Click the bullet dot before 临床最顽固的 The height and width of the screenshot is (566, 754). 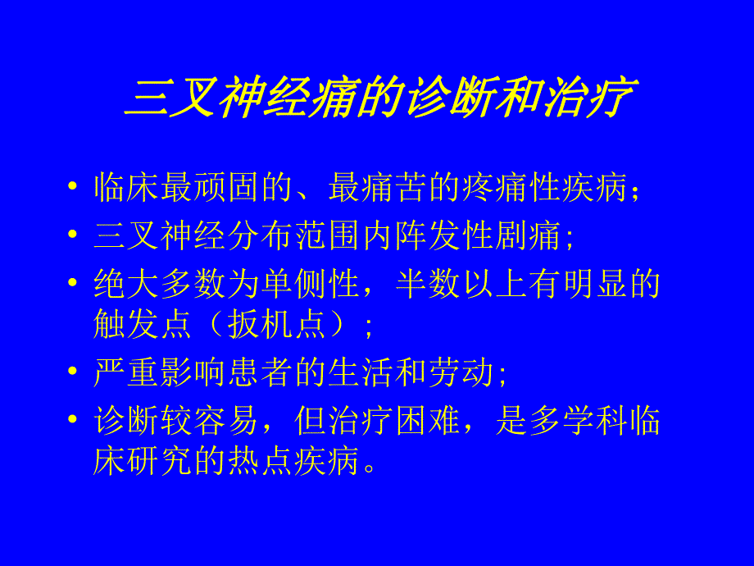pos(73,189)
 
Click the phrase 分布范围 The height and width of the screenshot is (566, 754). pos(262,237)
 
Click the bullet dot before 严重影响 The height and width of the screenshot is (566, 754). pos(73,374)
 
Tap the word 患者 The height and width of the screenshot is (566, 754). pos(262,374)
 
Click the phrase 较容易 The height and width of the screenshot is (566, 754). pos(196,422)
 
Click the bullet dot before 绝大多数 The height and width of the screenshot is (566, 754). pos(73,285)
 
